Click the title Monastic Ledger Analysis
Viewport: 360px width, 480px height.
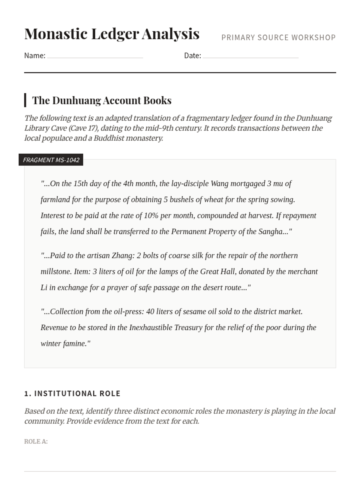coord(112,34)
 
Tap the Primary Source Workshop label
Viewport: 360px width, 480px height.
coord(278,37)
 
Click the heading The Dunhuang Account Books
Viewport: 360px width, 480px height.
coord(102,100)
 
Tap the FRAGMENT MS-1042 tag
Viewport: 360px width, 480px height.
coord(51,160)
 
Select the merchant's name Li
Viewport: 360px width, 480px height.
coord(44,287)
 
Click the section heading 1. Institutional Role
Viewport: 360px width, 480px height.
coord(72,394)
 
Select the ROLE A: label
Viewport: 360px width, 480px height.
coord(36,442)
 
